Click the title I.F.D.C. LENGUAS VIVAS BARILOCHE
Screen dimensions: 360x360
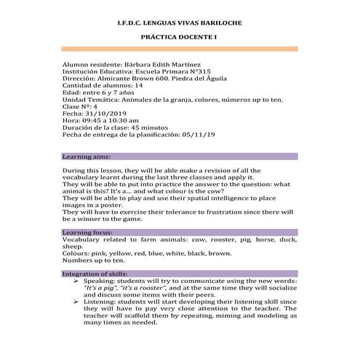pyautogui.click(x=180, y=23)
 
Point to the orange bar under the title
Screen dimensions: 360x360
pyautogui.click(x=180, y=49)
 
